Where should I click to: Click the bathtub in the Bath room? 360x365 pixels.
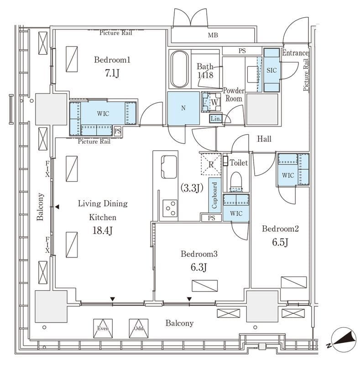click(179, 69)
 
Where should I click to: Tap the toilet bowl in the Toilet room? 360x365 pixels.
click(236, 182)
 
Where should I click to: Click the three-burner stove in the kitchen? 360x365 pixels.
click(170, 209)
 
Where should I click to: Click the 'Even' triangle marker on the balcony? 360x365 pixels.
click(103, 328)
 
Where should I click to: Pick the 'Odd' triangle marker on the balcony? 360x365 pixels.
click(139, 328)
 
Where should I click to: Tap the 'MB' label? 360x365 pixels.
click(213, 35)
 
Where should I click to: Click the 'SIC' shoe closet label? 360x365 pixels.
click(271, 70)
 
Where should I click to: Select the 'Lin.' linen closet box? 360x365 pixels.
click(216, 119)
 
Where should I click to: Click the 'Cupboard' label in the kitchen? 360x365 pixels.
click(214, 195)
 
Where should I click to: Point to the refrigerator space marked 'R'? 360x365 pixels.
click(211, 164)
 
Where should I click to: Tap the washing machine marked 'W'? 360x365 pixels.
click(211, 102)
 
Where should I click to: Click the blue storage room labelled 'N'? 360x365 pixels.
click(183, 108)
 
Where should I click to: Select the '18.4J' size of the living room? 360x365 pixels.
click(103, 231)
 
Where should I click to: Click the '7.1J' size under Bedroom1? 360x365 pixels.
click(112, 73)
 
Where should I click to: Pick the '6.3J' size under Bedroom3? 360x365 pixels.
click(198, 267)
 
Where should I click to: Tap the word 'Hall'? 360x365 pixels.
click(264, 139)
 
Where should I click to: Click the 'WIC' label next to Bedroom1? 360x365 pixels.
click(103, 114)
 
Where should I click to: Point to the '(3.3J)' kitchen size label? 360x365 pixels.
click(192, 188)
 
